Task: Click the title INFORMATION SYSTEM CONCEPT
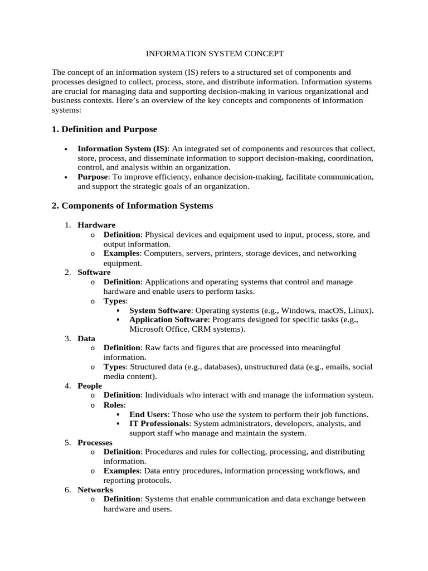click(215, 54)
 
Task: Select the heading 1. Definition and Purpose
click(104, 129)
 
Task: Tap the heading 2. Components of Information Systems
click(132, 206)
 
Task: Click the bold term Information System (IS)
click(123, 149)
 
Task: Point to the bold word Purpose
click(93, 177)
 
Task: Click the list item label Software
click(94, 272)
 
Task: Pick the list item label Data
click(86, 338)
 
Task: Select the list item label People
click(90, 385)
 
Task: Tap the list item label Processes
click(95, 442)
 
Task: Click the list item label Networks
click(95, 490)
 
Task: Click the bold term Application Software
click(168, 320)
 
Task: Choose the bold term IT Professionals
click(159, 424)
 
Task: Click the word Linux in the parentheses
click(360, 311)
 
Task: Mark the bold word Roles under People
click(114, 405)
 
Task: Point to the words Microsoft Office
click(155, 329)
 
